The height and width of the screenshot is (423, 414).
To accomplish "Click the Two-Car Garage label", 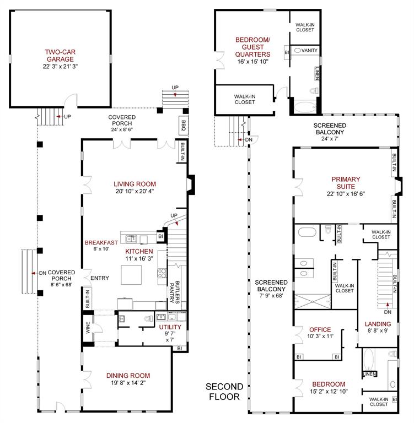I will (x=61, y=57).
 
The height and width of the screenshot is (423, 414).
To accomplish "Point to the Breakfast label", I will (x=101, y=242).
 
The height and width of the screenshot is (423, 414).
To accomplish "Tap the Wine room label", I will (x=87, y=328).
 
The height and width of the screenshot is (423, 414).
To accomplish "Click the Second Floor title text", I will (x=223, y=391).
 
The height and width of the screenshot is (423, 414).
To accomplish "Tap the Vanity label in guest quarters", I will (x=310, y=51).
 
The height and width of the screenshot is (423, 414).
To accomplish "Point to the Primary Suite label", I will (x=346, y=182).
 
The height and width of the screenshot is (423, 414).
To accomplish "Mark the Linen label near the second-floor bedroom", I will (x=369, y=374).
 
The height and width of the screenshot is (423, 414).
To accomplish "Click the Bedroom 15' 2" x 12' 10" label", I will (x=328, y=384).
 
